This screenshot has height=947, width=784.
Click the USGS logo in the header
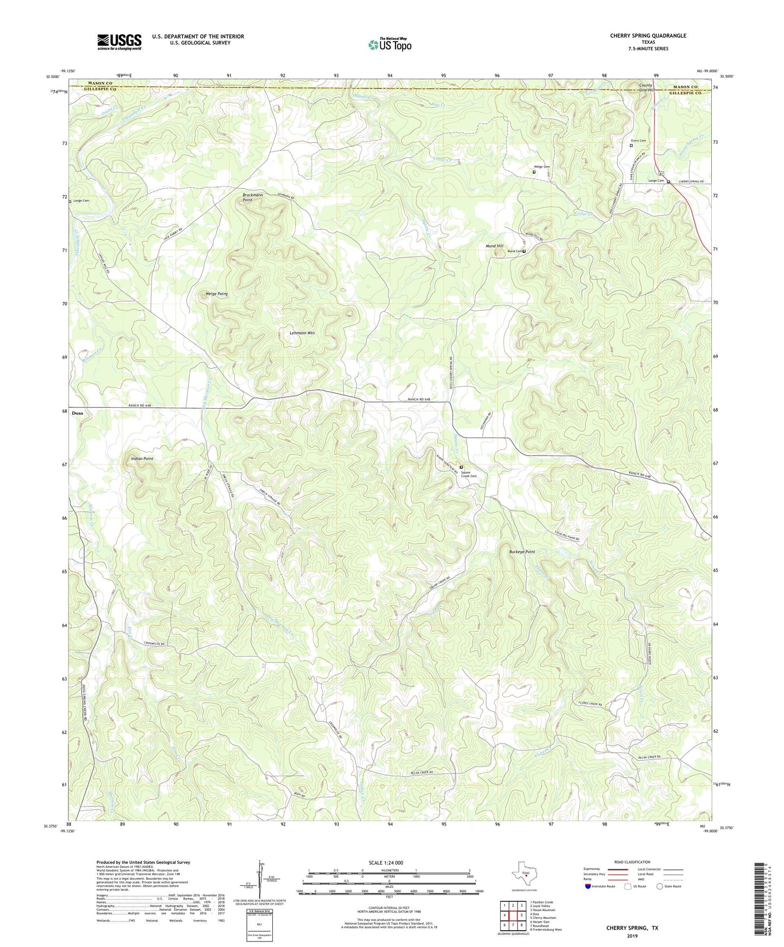point(119,42)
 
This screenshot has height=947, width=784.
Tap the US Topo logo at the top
point(389,44)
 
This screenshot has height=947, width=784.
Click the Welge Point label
point(216,294)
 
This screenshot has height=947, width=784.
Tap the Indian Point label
point(142,459)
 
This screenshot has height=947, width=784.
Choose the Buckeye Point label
point(521,552)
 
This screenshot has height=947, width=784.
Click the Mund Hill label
point(494,246)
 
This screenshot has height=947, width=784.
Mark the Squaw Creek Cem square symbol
point(461,467)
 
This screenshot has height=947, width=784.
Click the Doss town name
point(78,413)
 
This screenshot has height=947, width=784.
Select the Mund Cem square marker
point(524,251)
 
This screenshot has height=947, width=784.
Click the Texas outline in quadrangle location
point(525,874)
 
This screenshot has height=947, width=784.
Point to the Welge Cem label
point(541,167)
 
